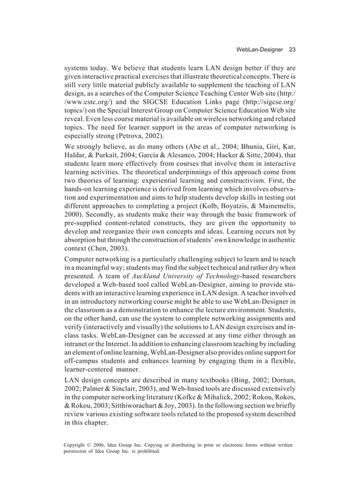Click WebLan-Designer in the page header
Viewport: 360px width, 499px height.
point(260,49)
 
